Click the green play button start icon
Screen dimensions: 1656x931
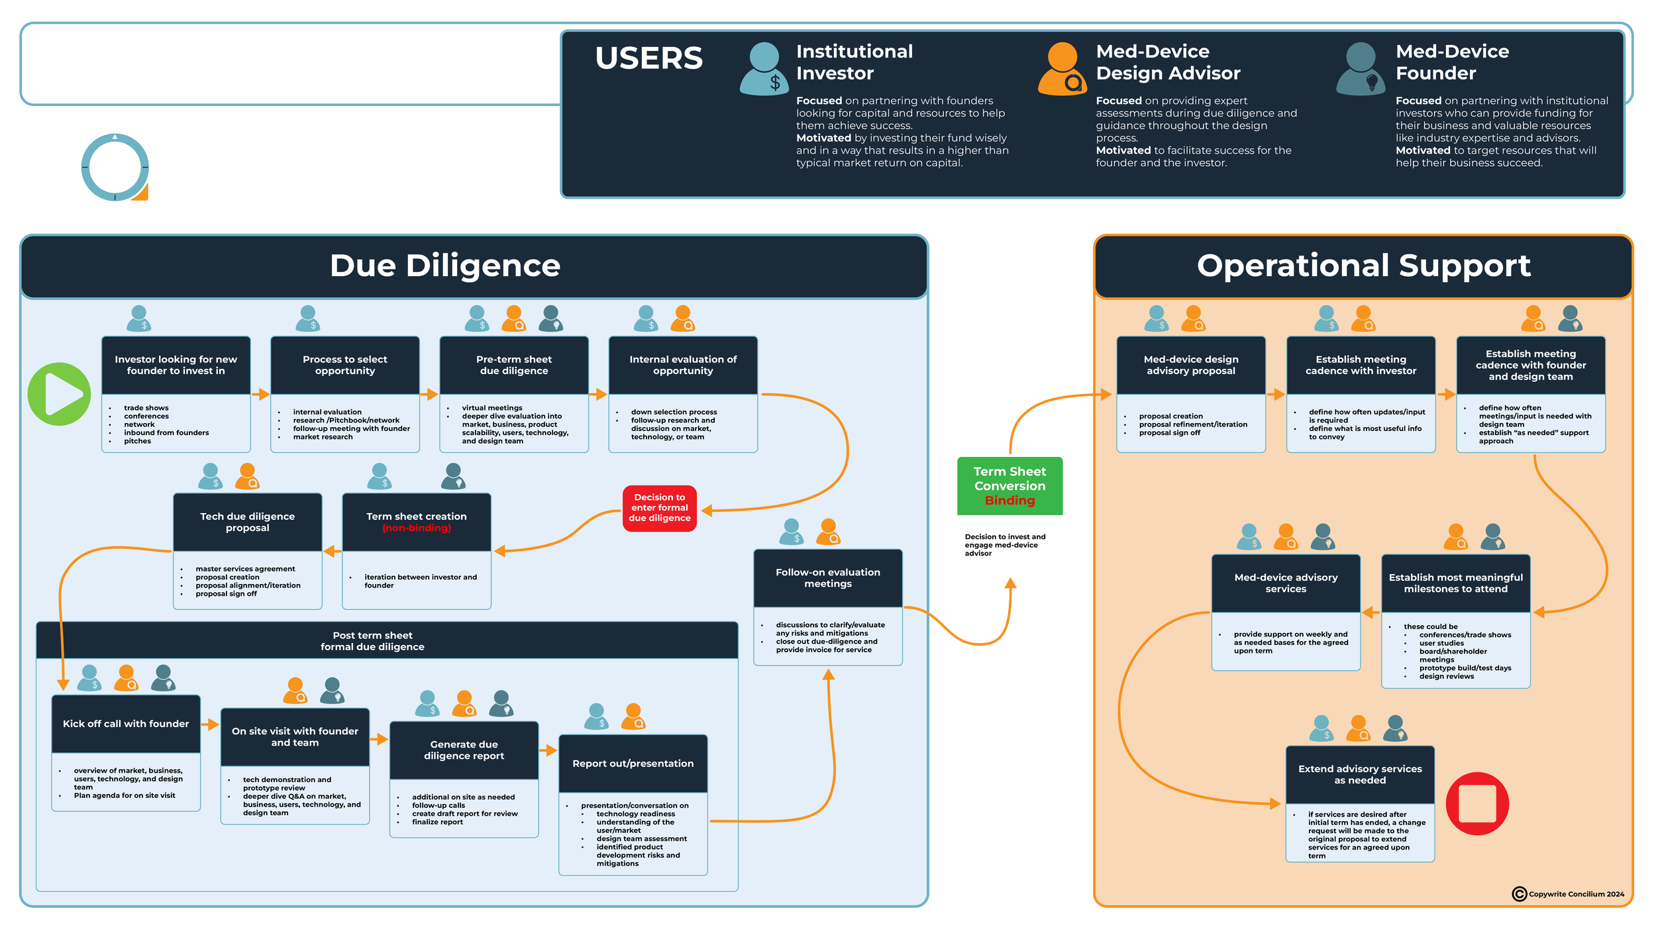pyautogui.click(x=59, y=394)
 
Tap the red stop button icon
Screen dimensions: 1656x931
pyautogui.click(x=1477, y=804)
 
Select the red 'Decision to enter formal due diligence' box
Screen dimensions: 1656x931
pyautogui.click(x=659, y=508)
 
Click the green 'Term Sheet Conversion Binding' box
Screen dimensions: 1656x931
pyautogui.click(x=1009, y=486)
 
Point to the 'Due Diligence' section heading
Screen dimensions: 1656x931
pyautogui.click(x=445, y=266)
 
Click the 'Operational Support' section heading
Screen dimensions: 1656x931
pyautogui.click(x=1363, y=266)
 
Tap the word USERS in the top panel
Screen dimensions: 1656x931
pyautogui.click(x=648, y=58)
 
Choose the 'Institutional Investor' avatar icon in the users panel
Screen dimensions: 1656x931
pyautogui.click(x=764, y=69)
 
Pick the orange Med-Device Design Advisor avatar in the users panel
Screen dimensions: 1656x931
pyautogui.click(x=1062, y=69)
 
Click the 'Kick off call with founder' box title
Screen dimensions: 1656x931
pyautogui.click(x=126, y=724)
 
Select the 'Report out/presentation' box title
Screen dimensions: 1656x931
pyautogui.click(x=633, y=763)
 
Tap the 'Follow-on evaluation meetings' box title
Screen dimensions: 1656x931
pyautogui.click(x=828, y=578)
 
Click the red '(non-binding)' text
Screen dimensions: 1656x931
pyautogui.click(x=417, y=528)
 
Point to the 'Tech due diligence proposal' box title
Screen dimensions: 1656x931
pyautogui.click(x=247, y=522)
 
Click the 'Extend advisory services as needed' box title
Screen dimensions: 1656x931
pyautogui.click(x=1360, y=774)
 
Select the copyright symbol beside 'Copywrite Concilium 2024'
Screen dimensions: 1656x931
pyautogui.click(x=1519, y=894)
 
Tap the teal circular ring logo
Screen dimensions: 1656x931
pyautogui.click(x=115, y=167)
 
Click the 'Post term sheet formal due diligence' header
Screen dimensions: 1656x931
pyautogui.click(x=372, y=641)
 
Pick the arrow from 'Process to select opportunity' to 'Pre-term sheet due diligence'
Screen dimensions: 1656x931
pyautogui.click(x=429, y=395)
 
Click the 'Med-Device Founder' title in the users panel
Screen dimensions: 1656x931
pyautogui.click(x=1452, y=62)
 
